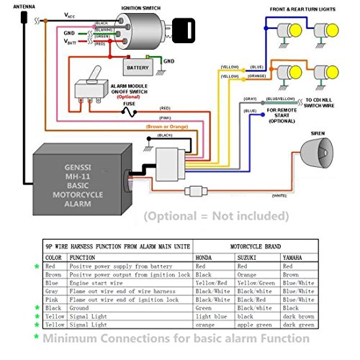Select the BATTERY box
tap(138, 68)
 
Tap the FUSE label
tap(129, 103)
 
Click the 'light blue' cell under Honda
tap(212, 315)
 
